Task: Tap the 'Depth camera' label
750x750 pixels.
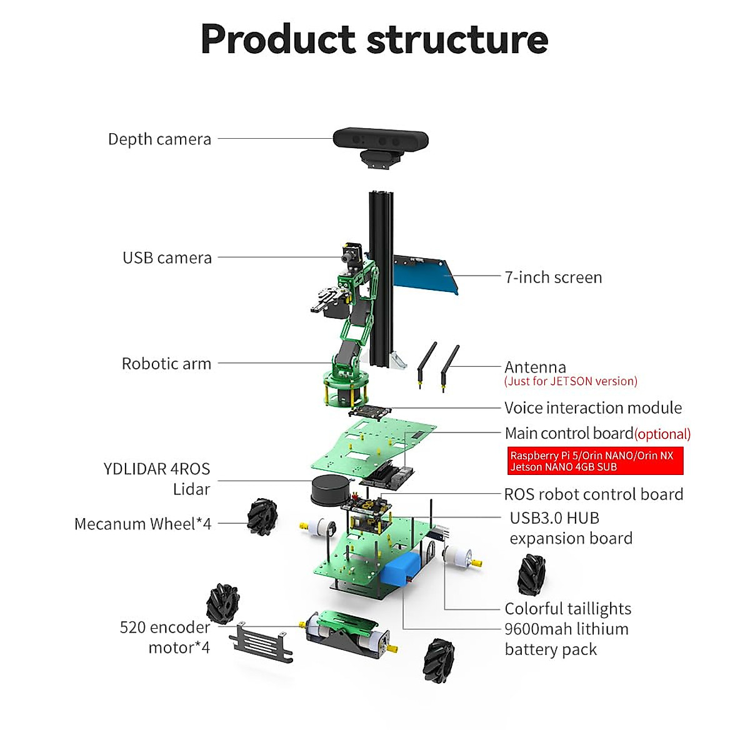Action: [159, 139]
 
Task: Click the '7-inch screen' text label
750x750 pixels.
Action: [553, 277]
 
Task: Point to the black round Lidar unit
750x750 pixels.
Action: [331, 489]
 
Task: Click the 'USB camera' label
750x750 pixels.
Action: [167, 257]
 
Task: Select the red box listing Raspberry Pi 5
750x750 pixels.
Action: [594, 461]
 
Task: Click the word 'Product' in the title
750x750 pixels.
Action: [277, 39]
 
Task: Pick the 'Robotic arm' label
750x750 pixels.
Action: [166, 364]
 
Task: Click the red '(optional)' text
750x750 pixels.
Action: [662, 434]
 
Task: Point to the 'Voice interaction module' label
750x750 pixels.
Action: [592, 408]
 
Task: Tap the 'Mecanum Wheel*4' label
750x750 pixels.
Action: [142, 524]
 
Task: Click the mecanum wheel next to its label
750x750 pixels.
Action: [262, 516]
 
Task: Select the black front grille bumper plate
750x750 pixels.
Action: [261, 644]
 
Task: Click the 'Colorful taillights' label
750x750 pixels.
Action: [567, 609]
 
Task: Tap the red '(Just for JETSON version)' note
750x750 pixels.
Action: [571, 381]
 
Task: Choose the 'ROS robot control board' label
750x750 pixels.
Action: [593, 494]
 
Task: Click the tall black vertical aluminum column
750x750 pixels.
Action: [379, 278]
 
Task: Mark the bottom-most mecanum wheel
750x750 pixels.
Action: [439, 661]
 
